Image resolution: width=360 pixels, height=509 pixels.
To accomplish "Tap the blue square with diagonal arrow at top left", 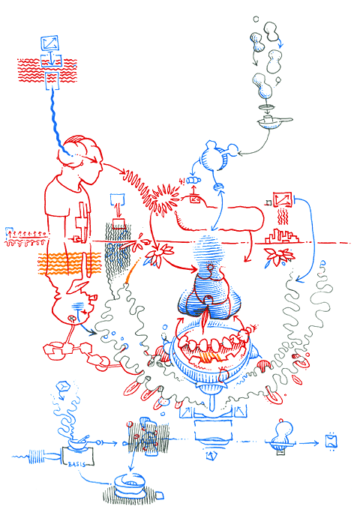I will coord(51,43).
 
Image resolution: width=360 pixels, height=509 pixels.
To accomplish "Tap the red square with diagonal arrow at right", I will coord(283,199).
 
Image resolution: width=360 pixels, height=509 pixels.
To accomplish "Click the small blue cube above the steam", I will coord(63,388).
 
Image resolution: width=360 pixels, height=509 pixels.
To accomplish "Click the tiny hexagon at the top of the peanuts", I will coord(256,18).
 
